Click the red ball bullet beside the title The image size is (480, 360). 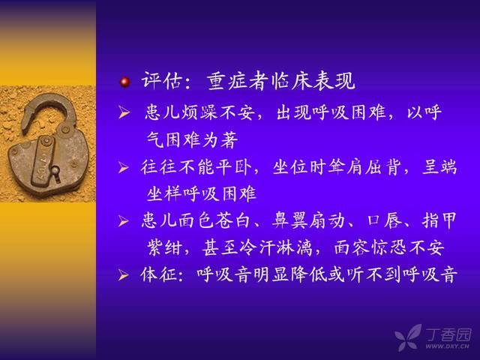tap(124, 82)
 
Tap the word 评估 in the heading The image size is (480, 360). tap(160, 81)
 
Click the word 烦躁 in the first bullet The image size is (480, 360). tap(199, 112)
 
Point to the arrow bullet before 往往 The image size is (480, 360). tap(123, 167)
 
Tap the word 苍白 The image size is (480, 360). tap(232, 220)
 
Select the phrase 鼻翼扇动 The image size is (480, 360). tap(308, 220)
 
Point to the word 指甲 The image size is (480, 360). tap(439, 220)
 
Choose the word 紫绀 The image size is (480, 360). tap(165, 247)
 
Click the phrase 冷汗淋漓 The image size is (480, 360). tap(276, 247)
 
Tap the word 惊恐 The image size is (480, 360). tap(388, 247)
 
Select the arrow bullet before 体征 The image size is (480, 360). tap(123, 275)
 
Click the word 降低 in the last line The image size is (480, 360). tap(308, 274)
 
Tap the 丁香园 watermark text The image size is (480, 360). tap(448, 334)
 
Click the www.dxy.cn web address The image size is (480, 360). tap(447, 346)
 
